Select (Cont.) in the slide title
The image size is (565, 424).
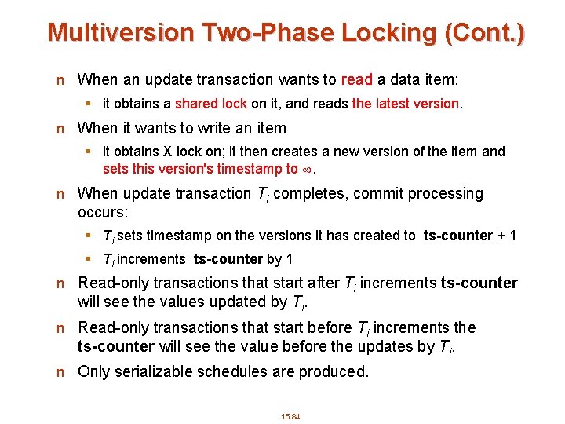(x=486, y=32)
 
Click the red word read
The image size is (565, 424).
(x=356, y=79)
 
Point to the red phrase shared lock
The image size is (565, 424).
(x=211, y=104)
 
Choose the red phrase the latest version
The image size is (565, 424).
(x=406, y=104)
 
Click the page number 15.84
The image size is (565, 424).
(x=291, y=416)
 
